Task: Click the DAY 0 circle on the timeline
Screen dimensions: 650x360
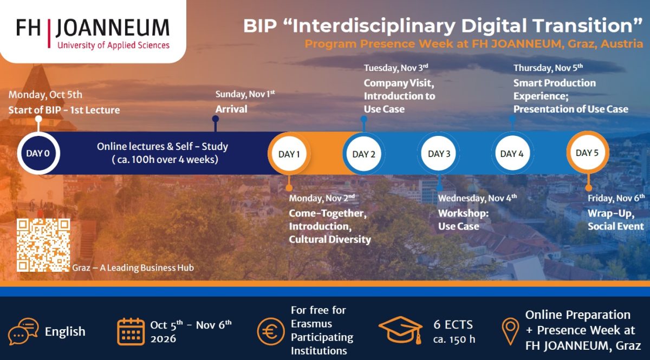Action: point(38,153)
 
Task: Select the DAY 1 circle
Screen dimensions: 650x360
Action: point(289,154)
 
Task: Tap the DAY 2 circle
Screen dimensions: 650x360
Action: point(364,154)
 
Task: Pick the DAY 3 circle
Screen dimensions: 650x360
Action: point(439,153)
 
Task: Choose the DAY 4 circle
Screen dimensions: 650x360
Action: point(512,153)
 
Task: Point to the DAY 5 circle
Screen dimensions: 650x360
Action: point(588,153)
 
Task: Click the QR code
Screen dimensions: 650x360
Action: point(43,245)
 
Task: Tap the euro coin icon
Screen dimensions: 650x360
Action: point(271,331)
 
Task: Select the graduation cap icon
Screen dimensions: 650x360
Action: point(401,330)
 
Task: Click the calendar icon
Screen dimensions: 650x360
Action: point(131,331)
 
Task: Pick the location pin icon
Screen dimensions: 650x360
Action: point(510,331)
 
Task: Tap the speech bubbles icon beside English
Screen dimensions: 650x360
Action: point(23,331)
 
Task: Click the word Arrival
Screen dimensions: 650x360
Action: point(231,109)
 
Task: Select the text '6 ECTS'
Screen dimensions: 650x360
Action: point(453,325)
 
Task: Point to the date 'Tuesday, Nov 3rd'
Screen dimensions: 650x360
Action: point(396,68)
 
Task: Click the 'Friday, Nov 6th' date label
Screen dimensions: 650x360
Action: point(616,198)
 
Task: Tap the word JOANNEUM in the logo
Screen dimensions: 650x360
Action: point(113,28)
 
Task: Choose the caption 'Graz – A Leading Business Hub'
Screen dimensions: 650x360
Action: point(133,267)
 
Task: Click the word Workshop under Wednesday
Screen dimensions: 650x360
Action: point(464,213)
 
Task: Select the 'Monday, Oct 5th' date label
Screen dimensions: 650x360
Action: point(45,95)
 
